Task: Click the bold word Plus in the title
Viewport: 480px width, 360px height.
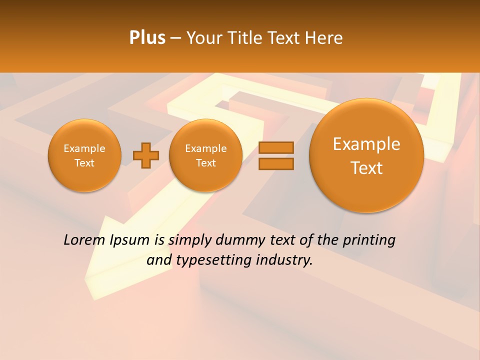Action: (x=147, y=38)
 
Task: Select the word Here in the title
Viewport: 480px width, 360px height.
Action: (x=324, y=38)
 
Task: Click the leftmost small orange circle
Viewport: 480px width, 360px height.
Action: (x=84, y=155)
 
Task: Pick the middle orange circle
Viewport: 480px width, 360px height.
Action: (x=205, y=155)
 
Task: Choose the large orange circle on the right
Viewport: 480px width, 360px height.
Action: (x=366, y=155)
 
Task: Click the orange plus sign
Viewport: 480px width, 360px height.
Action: (x=146, y=155)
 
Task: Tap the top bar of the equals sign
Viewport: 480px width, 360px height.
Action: (x=276, y=147)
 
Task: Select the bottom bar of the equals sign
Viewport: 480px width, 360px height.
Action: (x=276, y=163)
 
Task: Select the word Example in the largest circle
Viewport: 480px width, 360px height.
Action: (x=366, y=144)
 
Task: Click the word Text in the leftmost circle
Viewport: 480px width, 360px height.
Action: (x=84, y=163)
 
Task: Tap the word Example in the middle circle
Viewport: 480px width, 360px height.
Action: (x=205, y=148)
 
